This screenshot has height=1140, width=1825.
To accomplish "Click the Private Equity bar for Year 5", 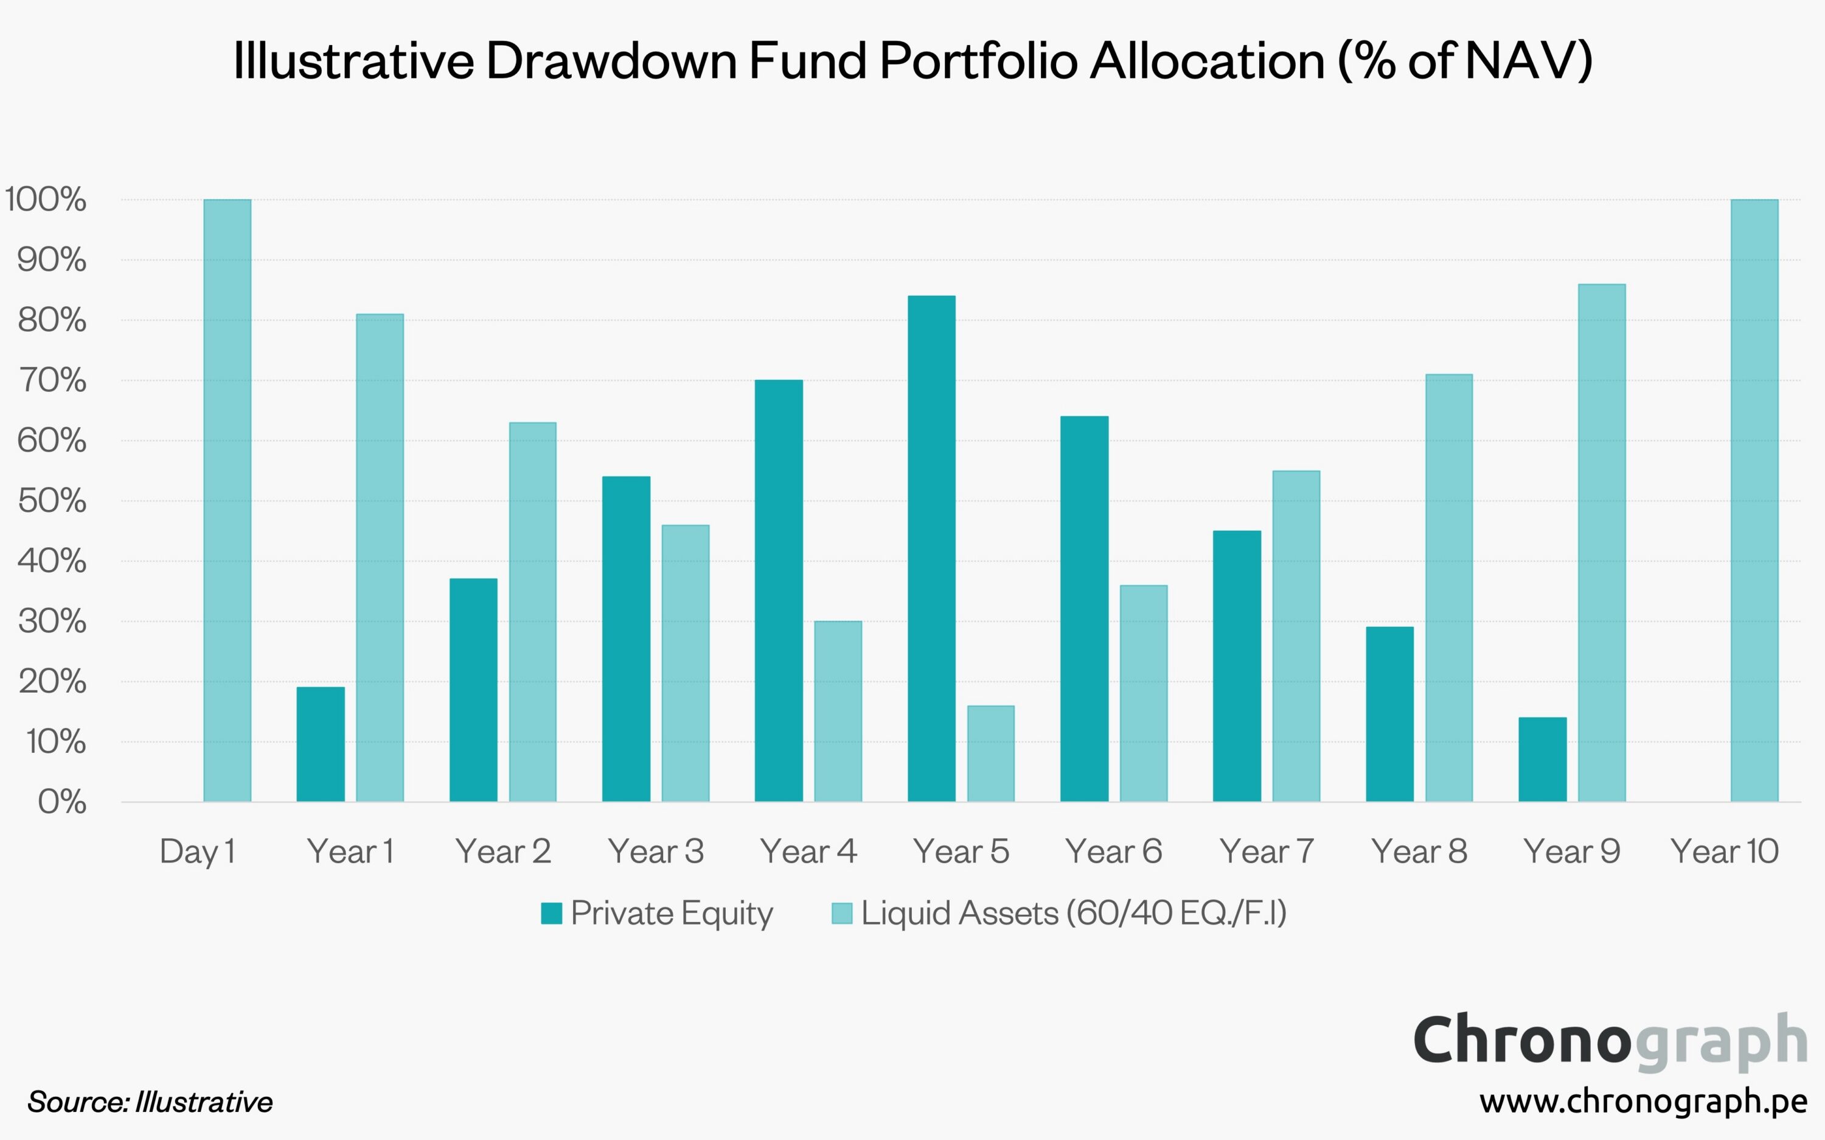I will tap(931, 548).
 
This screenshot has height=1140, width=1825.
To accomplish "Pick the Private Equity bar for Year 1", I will tap(320, 744).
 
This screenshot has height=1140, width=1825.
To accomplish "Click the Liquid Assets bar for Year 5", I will tap(991, 754).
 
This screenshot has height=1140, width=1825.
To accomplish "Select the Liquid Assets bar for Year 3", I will tap(685, 663).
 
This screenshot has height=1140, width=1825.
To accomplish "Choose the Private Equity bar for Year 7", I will tap(1237, 666).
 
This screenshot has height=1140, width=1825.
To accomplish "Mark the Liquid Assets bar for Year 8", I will tap(1449, 587).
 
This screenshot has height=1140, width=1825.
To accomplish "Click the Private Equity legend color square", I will tap(552, 913).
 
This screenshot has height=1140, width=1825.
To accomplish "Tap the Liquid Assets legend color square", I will tap(842, 913).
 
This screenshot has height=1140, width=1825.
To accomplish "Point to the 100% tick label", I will tap(45, 200).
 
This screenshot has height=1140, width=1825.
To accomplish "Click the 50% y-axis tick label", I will tap(51, 501).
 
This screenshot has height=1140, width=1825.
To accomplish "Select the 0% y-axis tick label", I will tap(62, 802).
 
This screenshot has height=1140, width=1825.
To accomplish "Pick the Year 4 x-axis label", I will tap(808, 852).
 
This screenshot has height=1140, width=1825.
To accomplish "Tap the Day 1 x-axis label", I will tap(198, 852).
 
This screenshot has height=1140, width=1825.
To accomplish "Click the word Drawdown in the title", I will tap(611, 60).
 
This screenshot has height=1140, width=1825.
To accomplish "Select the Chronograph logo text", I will tap(1610, 1040).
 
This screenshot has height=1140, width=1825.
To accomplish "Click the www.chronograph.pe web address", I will tap(1642, 1102).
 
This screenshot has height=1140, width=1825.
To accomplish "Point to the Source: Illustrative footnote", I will tap(150, 1102).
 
